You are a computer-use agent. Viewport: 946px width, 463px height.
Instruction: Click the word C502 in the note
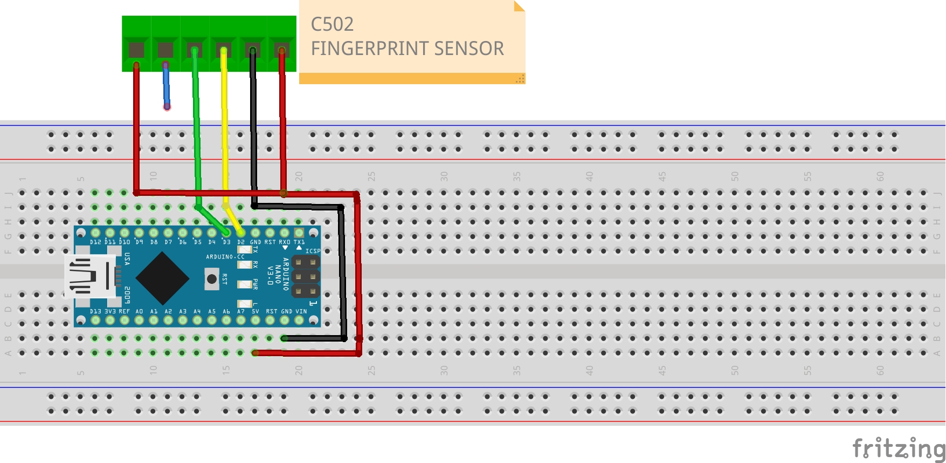pos(332,24)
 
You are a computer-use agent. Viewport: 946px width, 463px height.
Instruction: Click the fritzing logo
pos(898,448)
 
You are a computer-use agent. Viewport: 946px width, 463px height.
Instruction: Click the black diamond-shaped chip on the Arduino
pos(162,278)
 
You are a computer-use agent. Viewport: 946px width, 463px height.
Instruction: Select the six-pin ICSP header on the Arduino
pos(305,277)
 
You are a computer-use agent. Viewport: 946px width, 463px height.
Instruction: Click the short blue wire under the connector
pos(167,86)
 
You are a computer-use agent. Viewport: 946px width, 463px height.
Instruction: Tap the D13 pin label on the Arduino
pos(95,311)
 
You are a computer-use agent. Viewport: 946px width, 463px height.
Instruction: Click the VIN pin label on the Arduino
pos(301,311)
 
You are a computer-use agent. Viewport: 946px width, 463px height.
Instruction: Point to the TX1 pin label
pos(299,242)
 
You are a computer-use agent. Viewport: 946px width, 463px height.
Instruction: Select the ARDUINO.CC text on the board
pos(225,257)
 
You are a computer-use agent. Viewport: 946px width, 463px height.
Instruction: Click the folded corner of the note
pos(519,6)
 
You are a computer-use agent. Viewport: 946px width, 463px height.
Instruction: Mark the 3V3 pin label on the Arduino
pos(110,311)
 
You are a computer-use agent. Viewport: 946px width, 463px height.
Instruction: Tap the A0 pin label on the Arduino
pos(139,311)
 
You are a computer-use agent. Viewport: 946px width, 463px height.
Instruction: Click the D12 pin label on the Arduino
pos(95,242)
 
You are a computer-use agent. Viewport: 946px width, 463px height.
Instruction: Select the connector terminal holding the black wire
pos(253,50)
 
